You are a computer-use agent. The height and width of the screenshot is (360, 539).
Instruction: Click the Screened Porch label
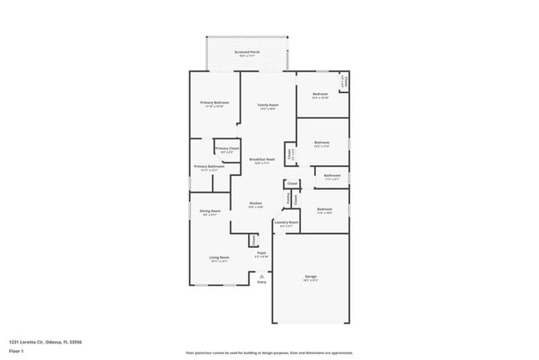[x=246, y=51]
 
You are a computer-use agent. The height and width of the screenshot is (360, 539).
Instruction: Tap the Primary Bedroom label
[x=214, y=102]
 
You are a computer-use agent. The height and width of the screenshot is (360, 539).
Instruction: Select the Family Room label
[x=267, y=105]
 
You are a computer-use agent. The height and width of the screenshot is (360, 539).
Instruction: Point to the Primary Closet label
[x=227, y=148]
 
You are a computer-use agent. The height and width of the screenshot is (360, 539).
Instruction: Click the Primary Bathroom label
[x=209, y=167]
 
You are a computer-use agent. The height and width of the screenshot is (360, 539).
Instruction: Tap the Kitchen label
[x=256, y=203]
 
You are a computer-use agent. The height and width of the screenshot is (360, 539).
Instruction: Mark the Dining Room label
[x=210, y=211]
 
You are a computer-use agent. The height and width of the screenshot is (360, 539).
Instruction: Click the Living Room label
[x=218, y=257]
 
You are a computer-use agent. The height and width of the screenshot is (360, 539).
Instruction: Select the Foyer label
[x=260, y=252]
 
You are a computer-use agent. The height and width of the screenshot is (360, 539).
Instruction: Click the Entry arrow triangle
[x=261, y=275]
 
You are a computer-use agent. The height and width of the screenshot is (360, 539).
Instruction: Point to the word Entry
[x=261, y=282]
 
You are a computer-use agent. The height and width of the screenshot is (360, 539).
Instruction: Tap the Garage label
[x=310, y=276]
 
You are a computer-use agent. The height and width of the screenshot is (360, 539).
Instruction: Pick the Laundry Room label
[x=287, y=222]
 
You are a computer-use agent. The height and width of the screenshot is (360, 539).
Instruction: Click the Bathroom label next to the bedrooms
[x=332, y=175]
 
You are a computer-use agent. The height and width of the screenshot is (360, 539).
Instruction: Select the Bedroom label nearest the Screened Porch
[x=320, y=95]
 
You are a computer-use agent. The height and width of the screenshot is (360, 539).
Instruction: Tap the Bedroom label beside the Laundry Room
[x=324, y=209]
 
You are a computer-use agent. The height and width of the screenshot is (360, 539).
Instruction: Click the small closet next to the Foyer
[x=253, y=241]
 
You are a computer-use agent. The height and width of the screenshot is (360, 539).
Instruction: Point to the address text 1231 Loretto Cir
[x=45, y=341]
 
